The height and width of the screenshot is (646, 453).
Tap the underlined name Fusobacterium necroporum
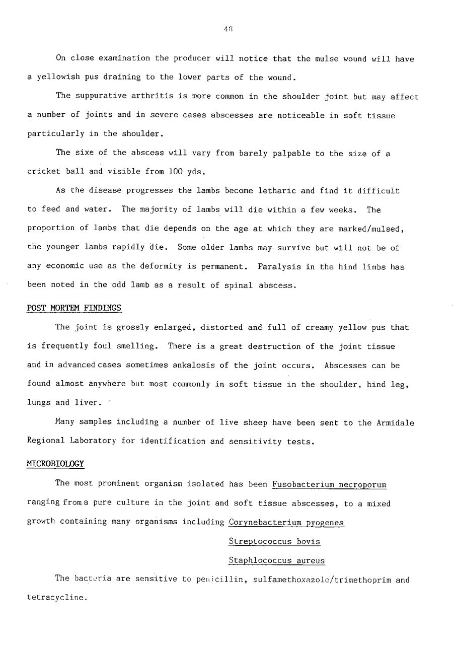point(329,484)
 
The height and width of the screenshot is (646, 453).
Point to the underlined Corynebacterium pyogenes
point(286,522)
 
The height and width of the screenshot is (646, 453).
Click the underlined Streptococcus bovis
point(274,541)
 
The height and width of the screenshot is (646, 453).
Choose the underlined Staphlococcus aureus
point(276,560)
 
